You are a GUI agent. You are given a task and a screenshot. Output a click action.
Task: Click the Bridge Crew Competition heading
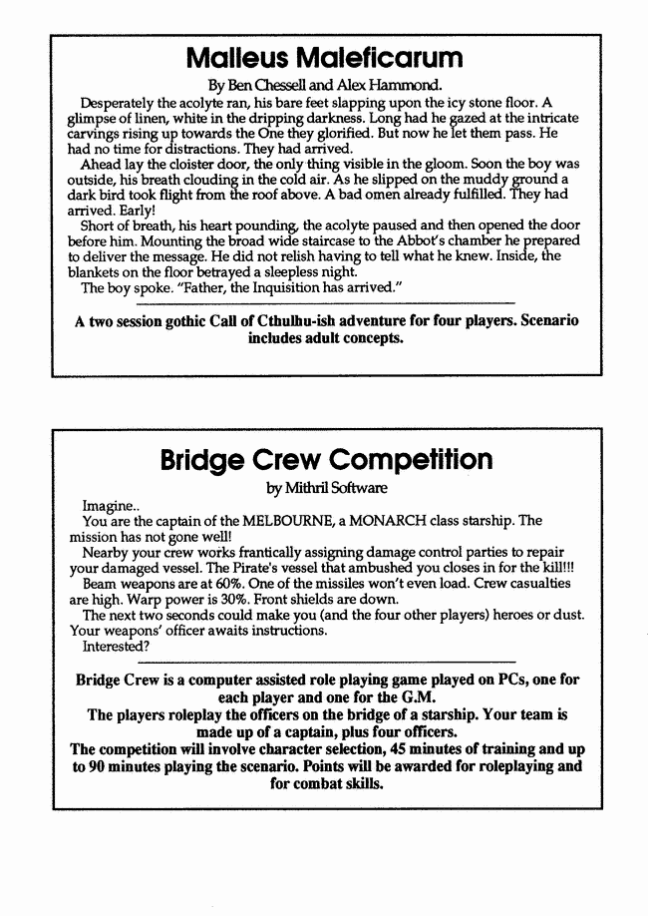326,460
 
